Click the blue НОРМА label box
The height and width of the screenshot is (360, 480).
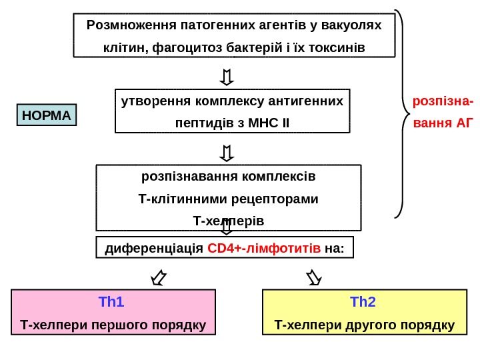pos(46,115)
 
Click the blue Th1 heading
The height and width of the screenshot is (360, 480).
pos(111,303)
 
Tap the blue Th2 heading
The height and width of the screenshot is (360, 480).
pos(363,303)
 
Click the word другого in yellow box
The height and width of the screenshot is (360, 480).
pos(381,325)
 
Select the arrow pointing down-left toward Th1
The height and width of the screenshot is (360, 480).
pos(159,276)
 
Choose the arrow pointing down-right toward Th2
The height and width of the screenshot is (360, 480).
pos(313,276)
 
